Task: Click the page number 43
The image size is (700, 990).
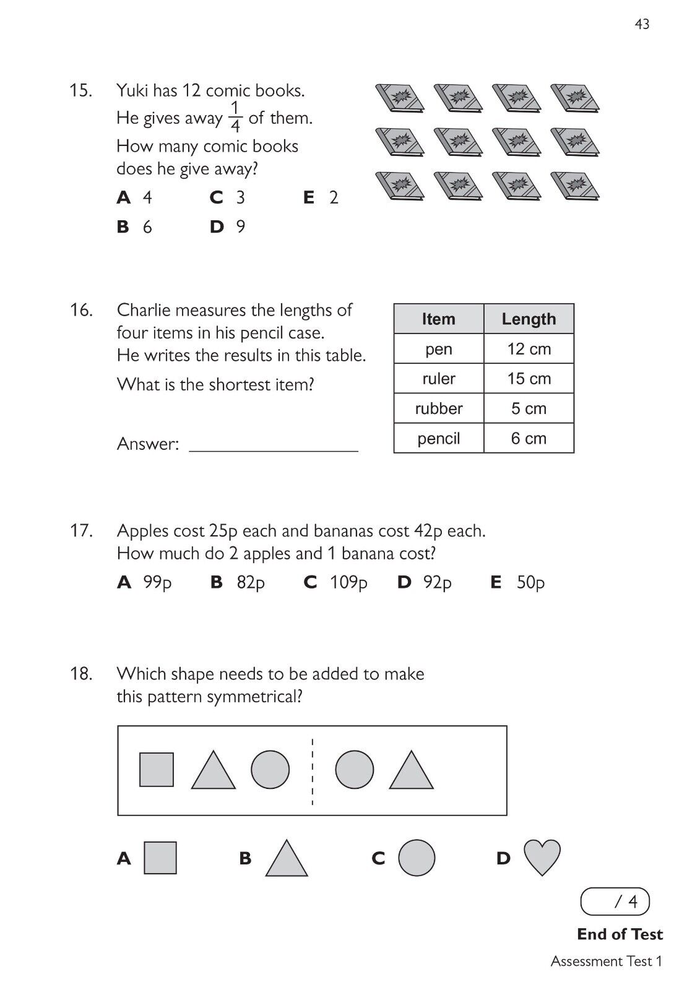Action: [642, 24]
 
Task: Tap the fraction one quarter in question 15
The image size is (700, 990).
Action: [235, 118]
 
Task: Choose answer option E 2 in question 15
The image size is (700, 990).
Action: [321, 198]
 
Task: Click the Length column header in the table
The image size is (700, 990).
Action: [529, 319]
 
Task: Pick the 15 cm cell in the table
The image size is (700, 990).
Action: [529, 379]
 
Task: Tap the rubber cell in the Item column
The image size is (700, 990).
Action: [439, 408]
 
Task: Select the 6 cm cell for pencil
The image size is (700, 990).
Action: [529, 439]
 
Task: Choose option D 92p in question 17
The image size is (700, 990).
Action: [425, 582]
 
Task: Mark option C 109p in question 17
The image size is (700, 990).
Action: [336, 582]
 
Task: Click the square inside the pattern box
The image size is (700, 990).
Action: [157, 769]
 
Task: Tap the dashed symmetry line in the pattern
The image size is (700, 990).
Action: [313, 771]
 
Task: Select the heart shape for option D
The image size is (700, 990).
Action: [542, 857]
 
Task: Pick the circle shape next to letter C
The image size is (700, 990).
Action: [417, 858]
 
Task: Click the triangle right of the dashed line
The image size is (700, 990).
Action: [412, 772]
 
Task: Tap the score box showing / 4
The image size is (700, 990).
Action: [615, 902]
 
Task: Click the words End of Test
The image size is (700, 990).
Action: [620, 934]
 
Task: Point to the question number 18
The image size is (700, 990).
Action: [81, 673]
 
